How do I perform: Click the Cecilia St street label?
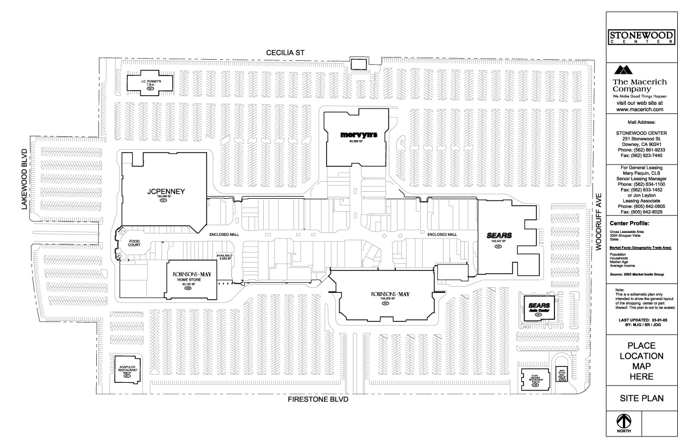pyautogui.click(x=285, y=53)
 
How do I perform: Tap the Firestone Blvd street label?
pyautogui.click(x=317, y=399)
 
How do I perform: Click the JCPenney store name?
pyautogui.click(x=166, y=192)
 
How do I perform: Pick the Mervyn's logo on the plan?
pyautogui.click(x=356, y=134)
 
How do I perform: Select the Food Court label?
pyautogui.click(x=134, y=242)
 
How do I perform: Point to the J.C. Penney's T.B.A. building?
pyautogui.click(x=149, y=83)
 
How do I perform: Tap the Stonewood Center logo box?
pyautogui.click(x=641, y=37)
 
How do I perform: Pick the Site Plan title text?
pyautogui.click(x=641, y=398)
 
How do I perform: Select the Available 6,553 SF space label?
pyautogui.click(x=224, y=257)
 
